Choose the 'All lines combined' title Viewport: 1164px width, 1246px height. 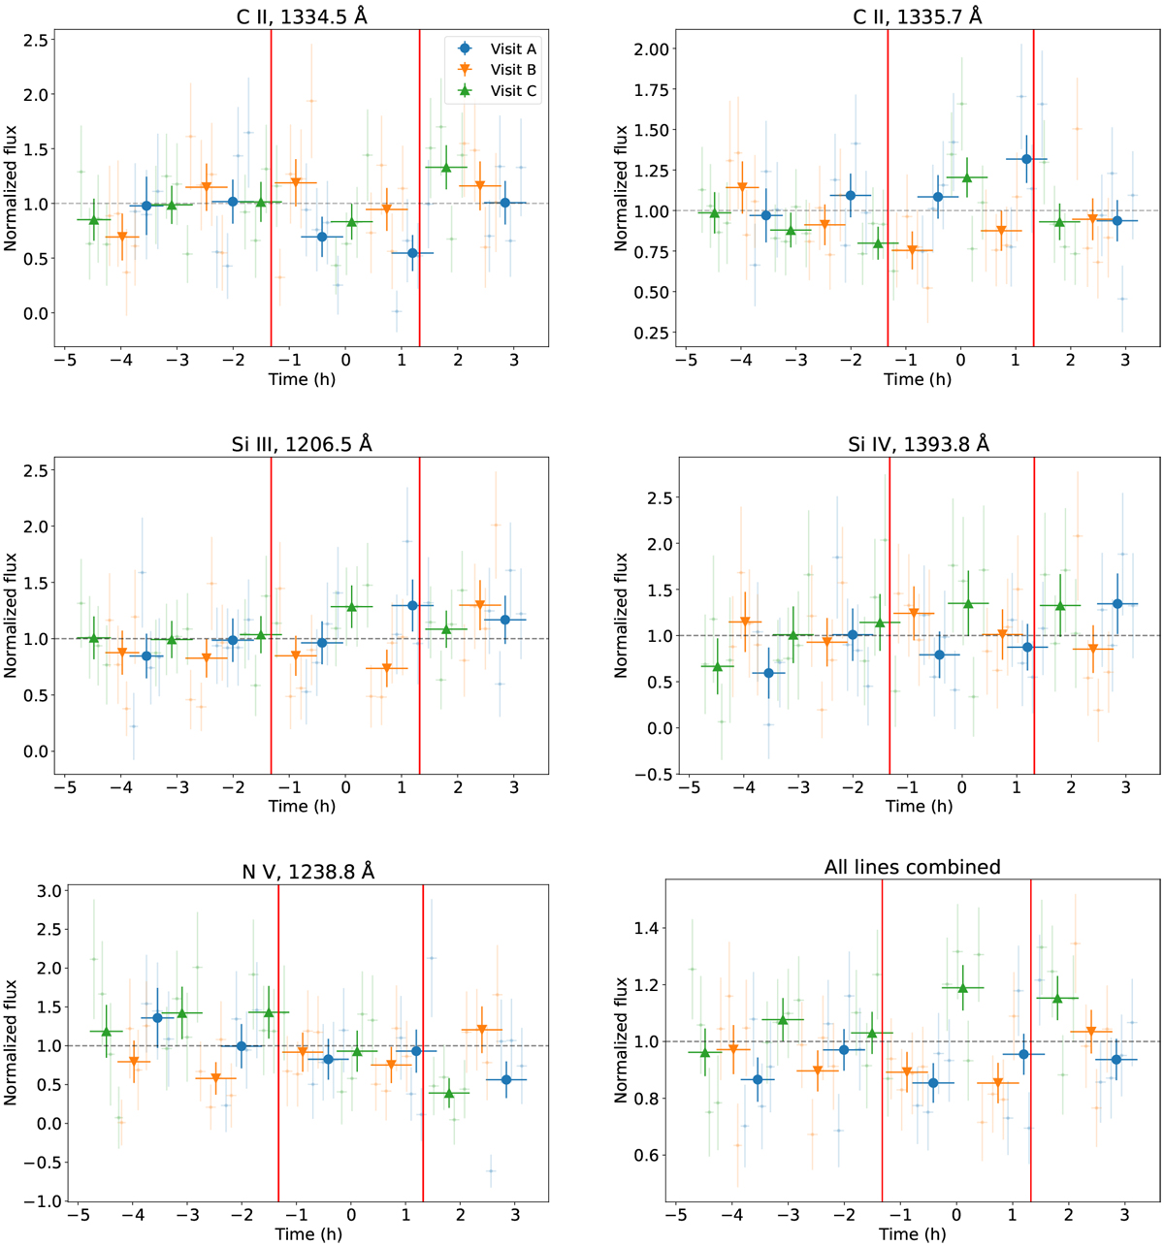[x=913, y=867]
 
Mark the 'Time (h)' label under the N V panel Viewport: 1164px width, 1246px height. [x=308, y=1233]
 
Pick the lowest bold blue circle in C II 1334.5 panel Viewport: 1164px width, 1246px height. [x=412, y=253]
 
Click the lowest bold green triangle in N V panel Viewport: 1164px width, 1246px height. [x=450, y=1093]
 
